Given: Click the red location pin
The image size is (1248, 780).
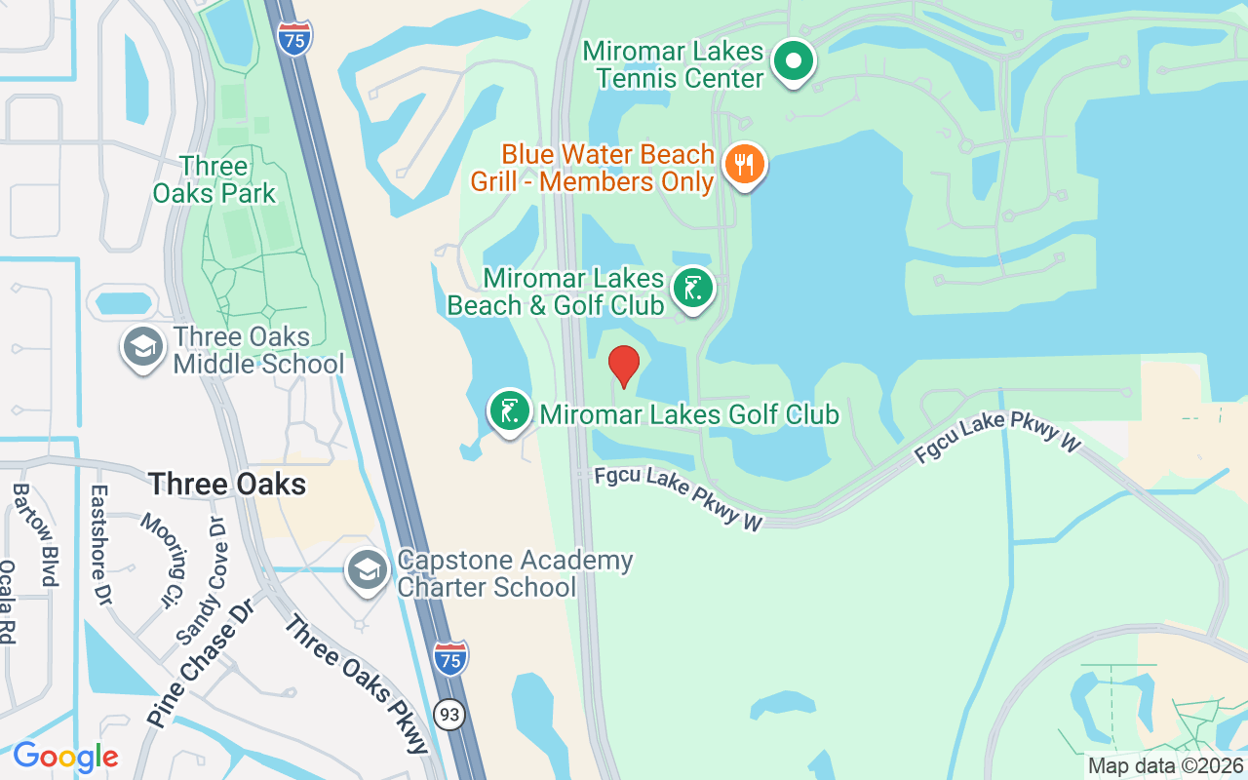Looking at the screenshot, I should click(624, 366).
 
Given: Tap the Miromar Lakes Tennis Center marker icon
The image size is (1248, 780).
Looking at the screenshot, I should click(794, 62).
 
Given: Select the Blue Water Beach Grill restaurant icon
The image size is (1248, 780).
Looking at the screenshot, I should click(744, 165).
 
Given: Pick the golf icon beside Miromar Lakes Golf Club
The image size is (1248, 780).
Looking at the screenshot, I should click(509, 412).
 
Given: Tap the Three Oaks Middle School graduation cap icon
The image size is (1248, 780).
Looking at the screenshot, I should click(143, 349).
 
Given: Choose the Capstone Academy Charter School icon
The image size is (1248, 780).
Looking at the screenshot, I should click(368, 572).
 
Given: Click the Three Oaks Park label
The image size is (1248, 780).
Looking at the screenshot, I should click(214, 179).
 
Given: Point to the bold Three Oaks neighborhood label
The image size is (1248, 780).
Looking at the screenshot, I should click(227, 484).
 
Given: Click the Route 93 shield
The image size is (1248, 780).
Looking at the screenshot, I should click(449, 716).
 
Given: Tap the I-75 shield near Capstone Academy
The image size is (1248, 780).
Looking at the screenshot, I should click(450, 658).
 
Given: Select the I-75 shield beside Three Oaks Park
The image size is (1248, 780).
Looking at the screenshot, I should click(294, 37).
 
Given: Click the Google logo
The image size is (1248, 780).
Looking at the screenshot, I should click(65, 757).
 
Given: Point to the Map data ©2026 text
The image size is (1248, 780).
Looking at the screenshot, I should click(1165, 766).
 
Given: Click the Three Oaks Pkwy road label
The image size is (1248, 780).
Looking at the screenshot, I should click(356, 682).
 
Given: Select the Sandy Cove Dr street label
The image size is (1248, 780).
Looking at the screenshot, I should click(202, 581).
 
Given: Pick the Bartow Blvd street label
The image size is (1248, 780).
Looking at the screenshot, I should click(47, 534).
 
